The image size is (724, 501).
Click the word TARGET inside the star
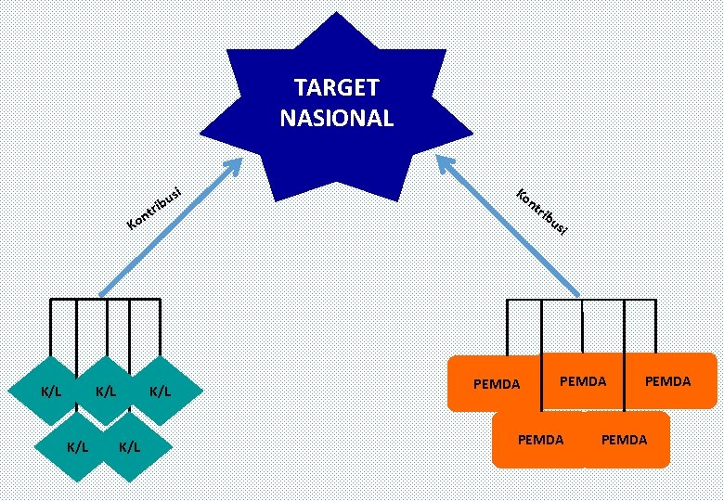coord(337,87)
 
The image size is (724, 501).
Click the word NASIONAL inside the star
coord(337,118)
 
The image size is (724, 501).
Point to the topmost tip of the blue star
coord(336,12)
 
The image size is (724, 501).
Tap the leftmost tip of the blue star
coord(200,134)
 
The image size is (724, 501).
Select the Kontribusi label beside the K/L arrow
coord(154,209)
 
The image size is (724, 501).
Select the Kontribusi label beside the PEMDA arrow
coord(542,212)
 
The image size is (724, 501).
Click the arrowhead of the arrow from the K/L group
coord(234,166)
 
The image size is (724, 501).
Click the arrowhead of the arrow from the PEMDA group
coord(445,163)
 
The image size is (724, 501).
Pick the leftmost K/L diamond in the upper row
coord(50,391)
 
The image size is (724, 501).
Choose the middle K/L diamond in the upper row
coord(106,391)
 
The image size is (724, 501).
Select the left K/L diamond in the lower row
coord(76,446)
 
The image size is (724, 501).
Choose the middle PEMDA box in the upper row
coord(583,381)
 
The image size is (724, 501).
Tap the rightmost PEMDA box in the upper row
coord(669,381)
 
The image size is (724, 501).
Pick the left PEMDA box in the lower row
coord(539,440)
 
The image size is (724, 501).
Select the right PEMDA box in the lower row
coord(626,440)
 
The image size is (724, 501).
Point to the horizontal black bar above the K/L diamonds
coord(105,300)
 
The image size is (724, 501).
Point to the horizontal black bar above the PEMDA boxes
coord(581,301)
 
